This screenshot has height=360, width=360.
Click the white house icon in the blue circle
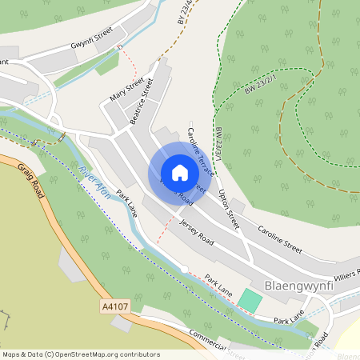(179, 173)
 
